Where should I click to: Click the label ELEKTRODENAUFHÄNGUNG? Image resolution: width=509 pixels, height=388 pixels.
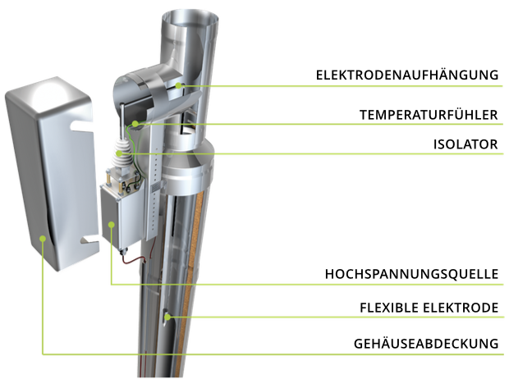407,75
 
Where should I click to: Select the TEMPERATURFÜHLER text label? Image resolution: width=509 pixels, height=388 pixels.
429,115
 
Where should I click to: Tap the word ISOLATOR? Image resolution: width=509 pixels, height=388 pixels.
465,144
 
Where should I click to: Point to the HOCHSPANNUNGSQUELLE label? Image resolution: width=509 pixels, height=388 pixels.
411,274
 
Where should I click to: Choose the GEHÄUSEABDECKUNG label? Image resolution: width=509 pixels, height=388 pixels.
426,344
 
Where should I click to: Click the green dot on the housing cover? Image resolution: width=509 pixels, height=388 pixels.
42,239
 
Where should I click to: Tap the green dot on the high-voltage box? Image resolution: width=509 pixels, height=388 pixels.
112,224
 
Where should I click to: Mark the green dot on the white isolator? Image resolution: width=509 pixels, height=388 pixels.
120,153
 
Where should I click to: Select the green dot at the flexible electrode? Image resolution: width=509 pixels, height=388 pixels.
167,317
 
